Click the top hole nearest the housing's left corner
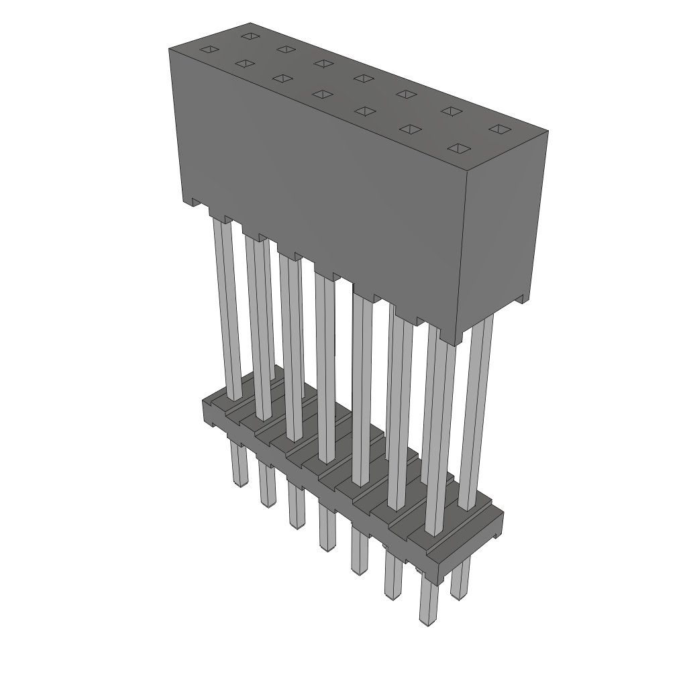point(209,49)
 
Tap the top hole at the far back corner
point(250,36)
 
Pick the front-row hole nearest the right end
point(458,148)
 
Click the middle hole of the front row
point(323,94)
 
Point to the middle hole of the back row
point(364,78)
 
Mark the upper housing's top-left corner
point(170,49)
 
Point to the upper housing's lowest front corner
point(458,343)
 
